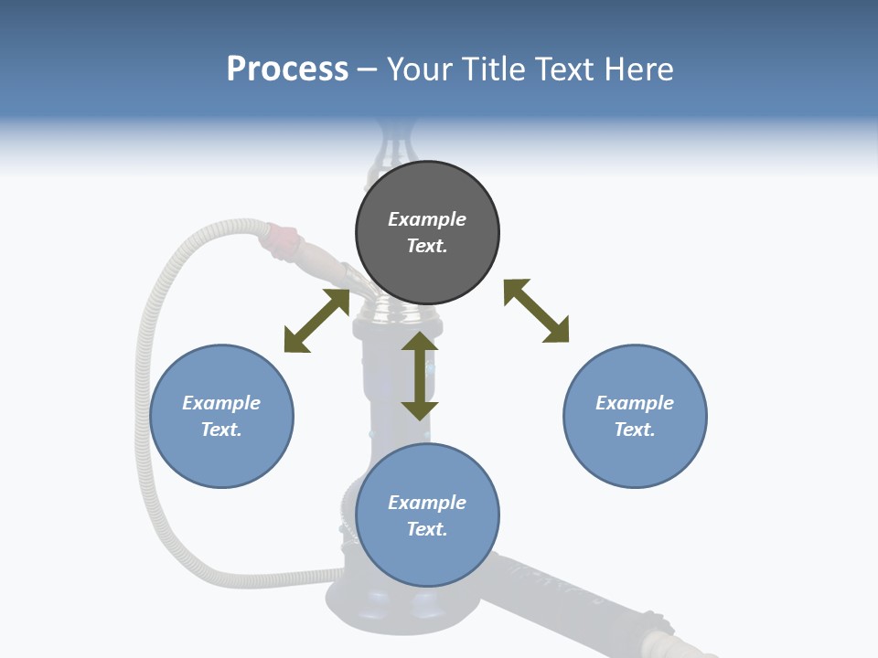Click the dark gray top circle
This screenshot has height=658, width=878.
point(427,233)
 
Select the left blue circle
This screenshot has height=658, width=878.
point(221,416)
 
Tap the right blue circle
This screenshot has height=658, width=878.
point(635,416)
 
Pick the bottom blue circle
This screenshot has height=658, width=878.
point(427,515)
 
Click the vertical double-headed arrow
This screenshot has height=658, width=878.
point(420,376)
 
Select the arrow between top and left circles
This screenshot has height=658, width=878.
point(316,321)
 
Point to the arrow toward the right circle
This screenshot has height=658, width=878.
point(536,311)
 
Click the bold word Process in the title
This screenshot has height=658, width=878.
point(287,69)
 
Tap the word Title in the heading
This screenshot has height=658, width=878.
point(494,69)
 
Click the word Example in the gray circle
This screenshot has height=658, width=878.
point(427,219)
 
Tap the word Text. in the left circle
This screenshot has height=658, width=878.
point(221,430)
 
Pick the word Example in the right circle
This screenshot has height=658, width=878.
point(635,403)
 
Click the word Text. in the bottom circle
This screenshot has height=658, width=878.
point(427,529)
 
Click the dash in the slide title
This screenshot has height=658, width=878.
point(368,69)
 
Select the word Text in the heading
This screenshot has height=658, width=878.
point(564,69)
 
